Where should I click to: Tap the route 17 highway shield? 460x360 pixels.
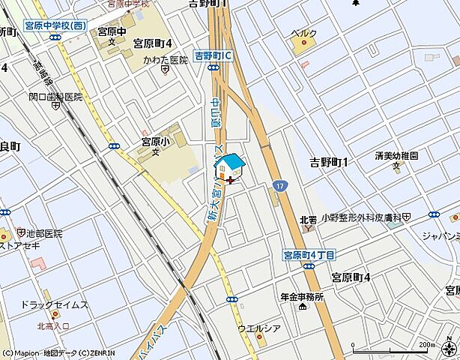(x=279, y=183)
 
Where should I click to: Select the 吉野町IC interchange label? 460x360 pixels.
(x=214, y=55)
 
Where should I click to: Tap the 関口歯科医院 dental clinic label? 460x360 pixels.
(x=55, y=97)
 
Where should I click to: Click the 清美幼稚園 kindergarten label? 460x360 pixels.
(x=397, y=156)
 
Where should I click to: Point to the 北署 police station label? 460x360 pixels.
(x=308, y=220)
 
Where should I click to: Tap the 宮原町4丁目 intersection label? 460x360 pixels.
(x=308, y=254)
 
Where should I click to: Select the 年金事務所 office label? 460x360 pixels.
(x=302, y=296)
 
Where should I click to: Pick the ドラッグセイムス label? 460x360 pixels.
(x=54, y=304)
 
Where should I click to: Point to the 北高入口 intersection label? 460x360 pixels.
(x=53, y=325)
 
